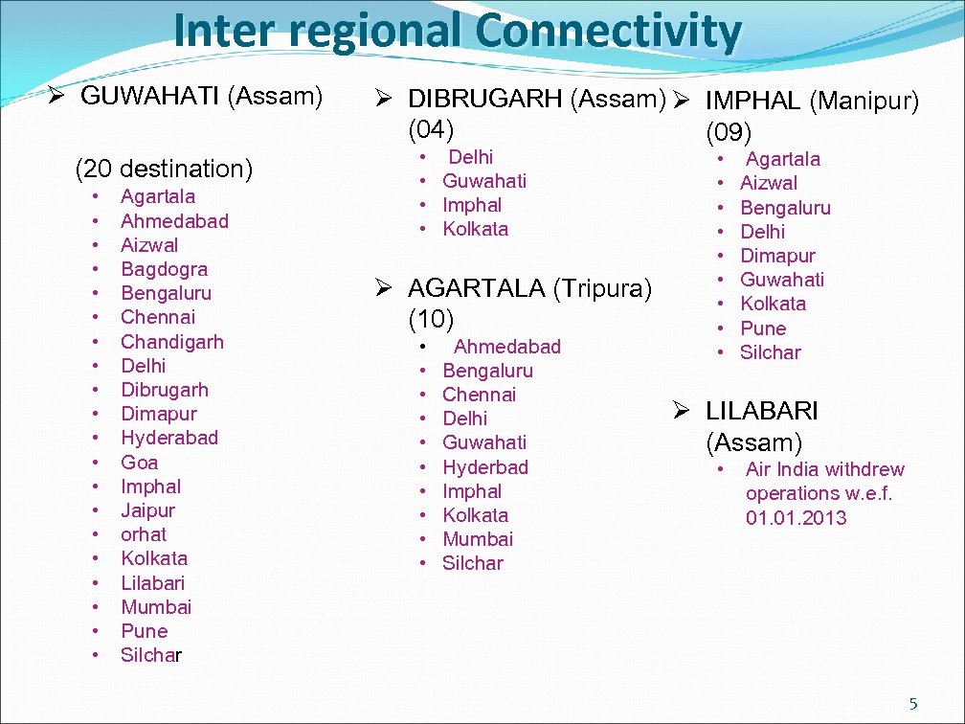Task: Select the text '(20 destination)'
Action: tap(164, 170)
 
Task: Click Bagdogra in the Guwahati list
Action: tap(164, 269)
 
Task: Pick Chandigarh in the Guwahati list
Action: tap(172, 342)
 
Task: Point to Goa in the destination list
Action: tap(140, 462)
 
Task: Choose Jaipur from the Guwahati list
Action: tap(147, 510)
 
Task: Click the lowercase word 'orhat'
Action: tap(144, 534)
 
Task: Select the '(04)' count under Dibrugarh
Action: tap(431, 128)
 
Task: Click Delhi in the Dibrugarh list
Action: tap(471, 157)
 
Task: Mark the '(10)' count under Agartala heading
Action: tap(431, 318)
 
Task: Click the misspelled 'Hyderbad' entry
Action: tap(485, 467)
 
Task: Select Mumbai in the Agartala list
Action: tap(478, 539)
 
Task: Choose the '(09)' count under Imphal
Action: tap(729, 131)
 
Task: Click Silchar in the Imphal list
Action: tap(771, 352)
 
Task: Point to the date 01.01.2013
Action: tap(797, 518)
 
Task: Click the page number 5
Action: tap(912, 704)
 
